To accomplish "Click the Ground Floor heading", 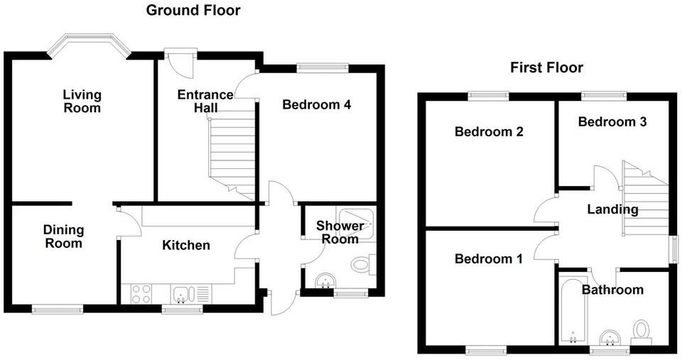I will [193, 11].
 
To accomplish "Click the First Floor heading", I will [546, 68].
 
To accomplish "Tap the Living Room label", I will [82, 102].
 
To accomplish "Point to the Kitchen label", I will [186, 246].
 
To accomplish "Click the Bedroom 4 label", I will [317, 105].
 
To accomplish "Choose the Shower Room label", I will [340, 233].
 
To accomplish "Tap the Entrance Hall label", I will [205, 101].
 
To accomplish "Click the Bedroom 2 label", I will [489, 132].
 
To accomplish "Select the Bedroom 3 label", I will [612, 122].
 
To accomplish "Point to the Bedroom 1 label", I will [489, 260].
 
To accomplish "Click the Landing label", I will [612, 210].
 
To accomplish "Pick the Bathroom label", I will [612, 290].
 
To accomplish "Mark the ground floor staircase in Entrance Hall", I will [232, 153].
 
